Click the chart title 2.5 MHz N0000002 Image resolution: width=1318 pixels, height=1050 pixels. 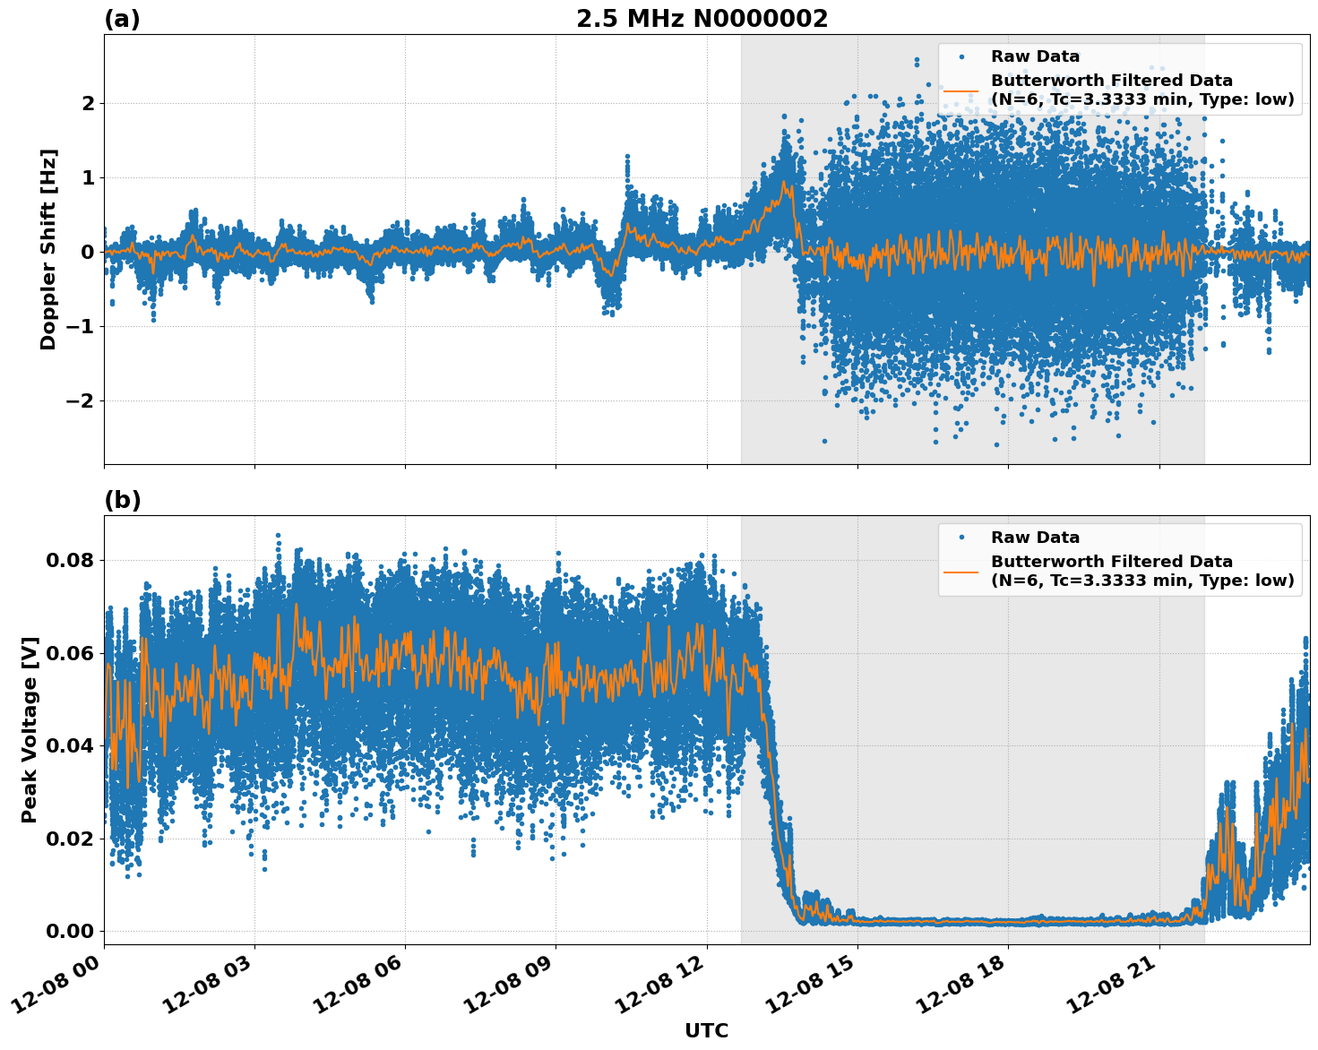tap(702, 19)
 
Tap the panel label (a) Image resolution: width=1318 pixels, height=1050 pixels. tap(122, 19)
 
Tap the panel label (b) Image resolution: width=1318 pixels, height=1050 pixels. tap(122, 500)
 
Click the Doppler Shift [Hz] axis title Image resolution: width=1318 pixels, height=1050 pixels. tap(48, 249)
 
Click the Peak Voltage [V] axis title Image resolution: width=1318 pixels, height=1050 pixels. tap(30, 730)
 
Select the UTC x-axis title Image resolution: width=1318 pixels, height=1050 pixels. tap(706, 1030)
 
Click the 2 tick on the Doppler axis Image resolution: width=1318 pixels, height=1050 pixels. tap(88, 103)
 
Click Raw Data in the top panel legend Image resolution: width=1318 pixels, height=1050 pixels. tap(1035, 56)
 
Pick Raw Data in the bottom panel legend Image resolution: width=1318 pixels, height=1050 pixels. tap(1035, 538)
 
